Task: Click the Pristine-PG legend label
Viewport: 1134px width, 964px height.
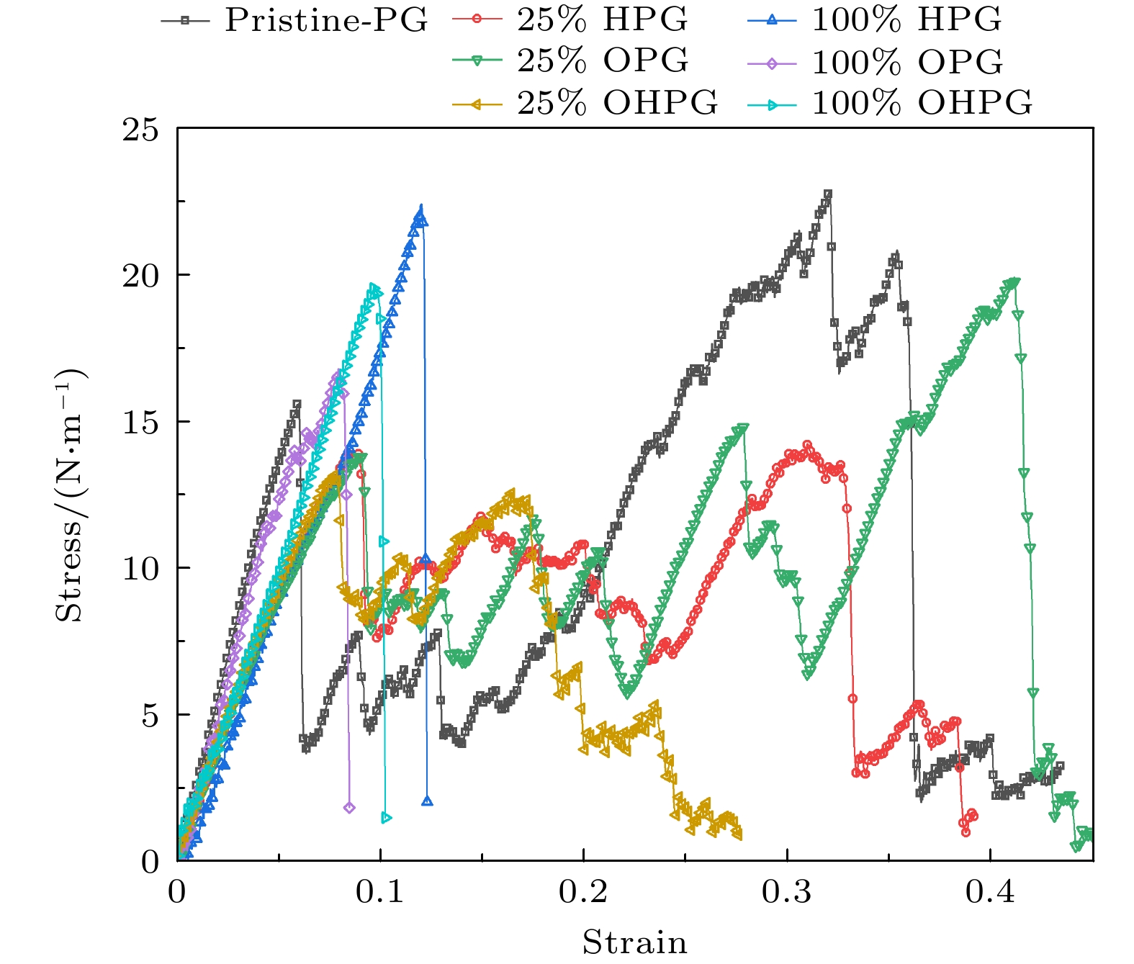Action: pos(325,20)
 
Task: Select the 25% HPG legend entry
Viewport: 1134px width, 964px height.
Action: pos(602,20)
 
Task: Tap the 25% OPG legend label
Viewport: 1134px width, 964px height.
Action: pos(602,61)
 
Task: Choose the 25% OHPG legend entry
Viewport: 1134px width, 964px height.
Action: pos(617,103)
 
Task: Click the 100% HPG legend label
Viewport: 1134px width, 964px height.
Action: pos(906,20)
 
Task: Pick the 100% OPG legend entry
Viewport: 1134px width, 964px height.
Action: pos(906,62)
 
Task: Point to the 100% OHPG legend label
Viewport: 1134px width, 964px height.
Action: pos(922,103)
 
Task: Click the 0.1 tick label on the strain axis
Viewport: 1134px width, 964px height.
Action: pos(380,893)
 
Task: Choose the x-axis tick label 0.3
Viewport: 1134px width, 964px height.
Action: pos(787,893)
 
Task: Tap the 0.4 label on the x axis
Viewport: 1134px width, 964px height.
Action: pos(990,893)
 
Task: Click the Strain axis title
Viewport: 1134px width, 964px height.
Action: pos(634,942)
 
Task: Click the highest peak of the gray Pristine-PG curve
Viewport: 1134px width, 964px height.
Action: pos(828,194)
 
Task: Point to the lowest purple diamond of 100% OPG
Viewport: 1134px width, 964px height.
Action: pos(349,807)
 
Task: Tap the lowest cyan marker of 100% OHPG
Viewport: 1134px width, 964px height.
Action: pos(386,817)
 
